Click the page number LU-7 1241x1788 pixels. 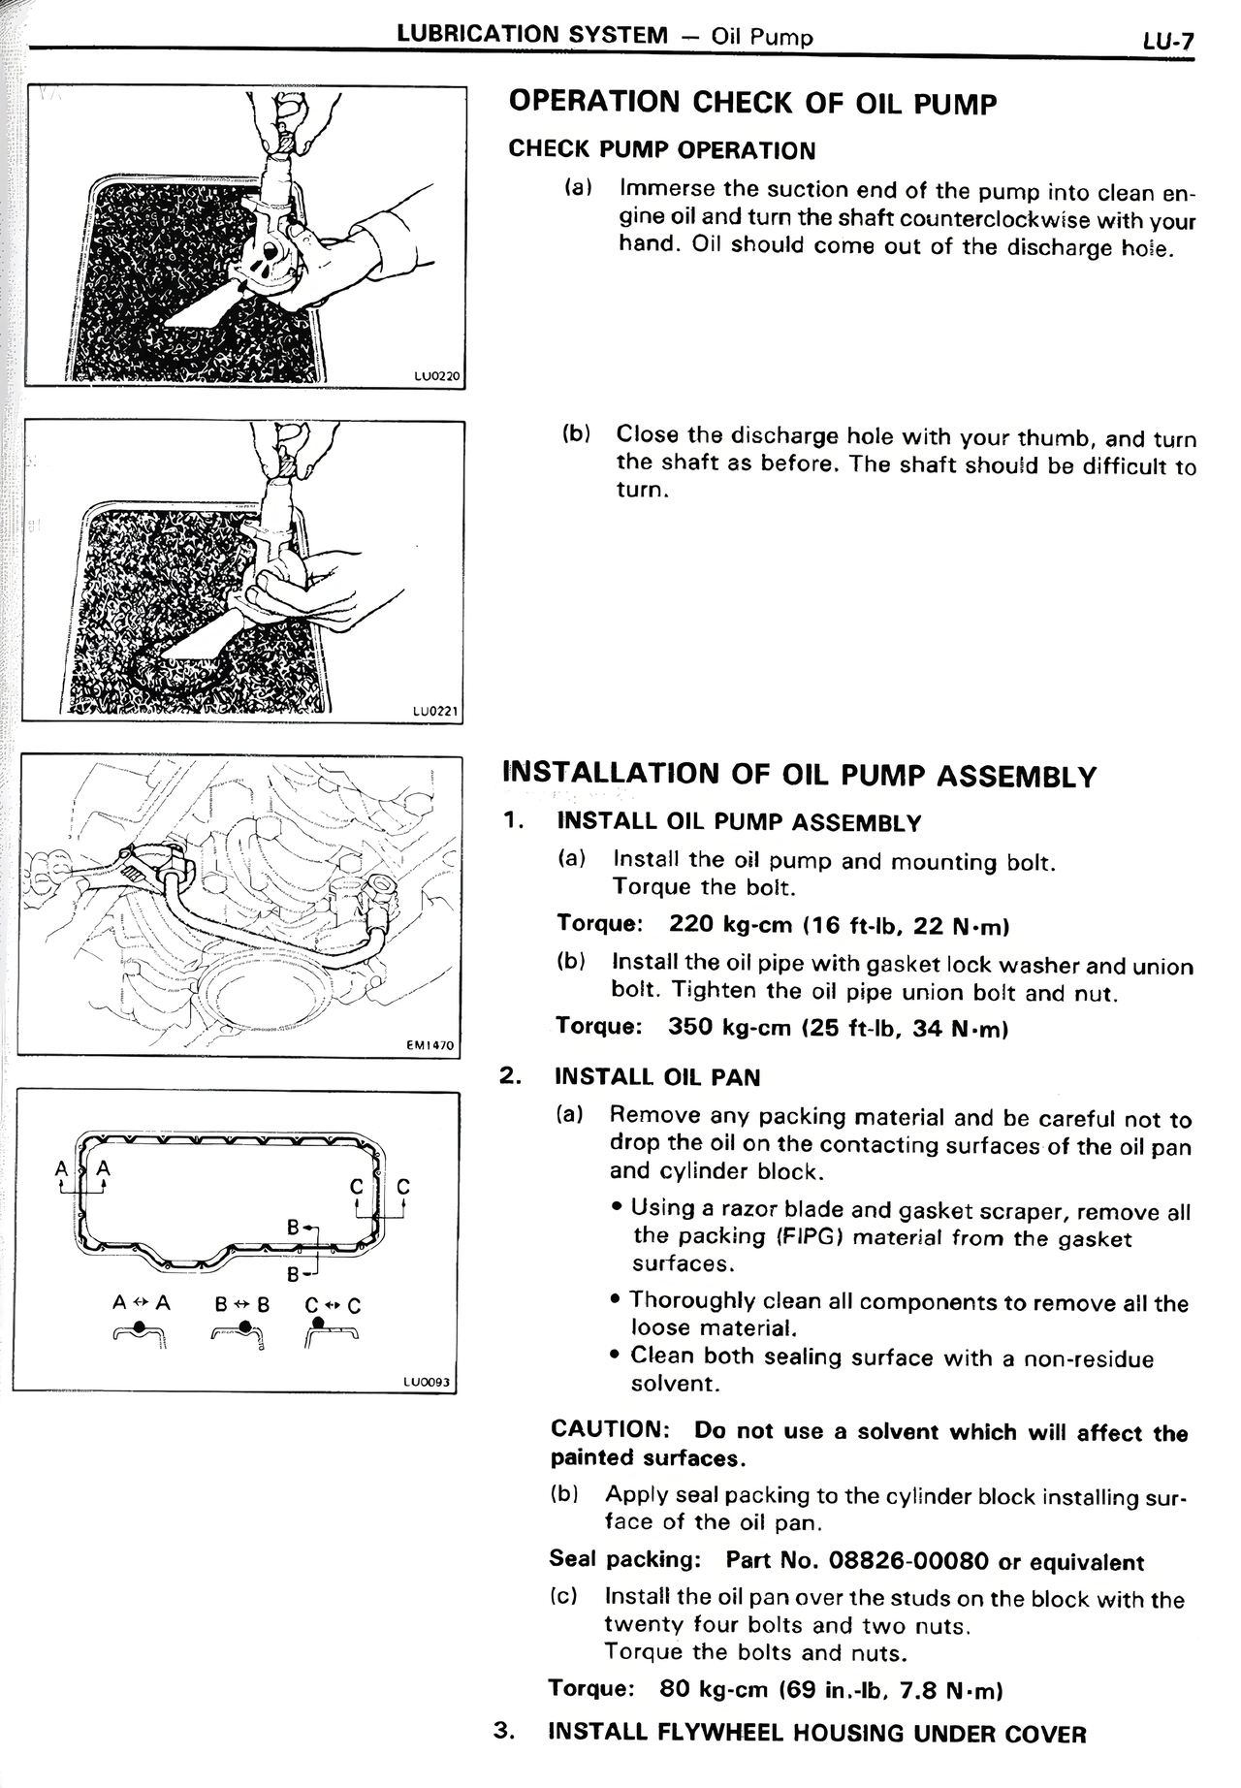(x=1167, y=42)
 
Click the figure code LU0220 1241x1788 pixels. (x=435, y=376)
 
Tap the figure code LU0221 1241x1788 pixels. (x=434, y=711)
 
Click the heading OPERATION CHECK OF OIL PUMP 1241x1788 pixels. (x=752, y=104)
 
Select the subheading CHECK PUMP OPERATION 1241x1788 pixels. (x=662, y=150)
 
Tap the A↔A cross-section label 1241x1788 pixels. (x=142, y=1303)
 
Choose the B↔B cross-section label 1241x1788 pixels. (x=241, y=1304)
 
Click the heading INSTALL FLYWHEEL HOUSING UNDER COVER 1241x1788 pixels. (x=817, y=1733)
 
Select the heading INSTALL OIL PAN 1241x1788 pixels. (x=657, y=1077)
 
